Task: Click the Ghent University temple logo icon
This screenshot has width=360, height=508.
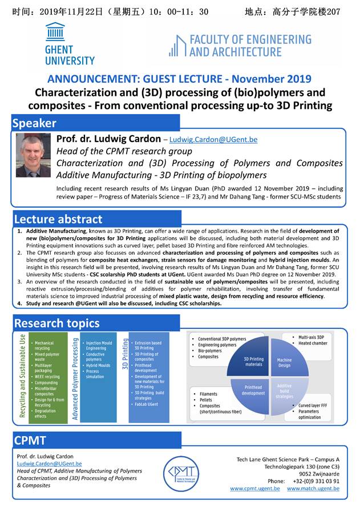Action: [56, 32]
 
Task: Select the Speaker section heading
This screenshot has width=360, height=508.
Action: [35, 123]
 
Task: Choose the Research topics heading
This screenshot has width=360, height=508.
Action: [56, 323]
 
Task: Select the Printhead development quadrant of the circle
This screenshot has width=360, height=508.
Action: [253, 390]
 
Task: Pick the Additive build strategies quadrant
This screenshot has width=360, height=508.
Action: [284, 390]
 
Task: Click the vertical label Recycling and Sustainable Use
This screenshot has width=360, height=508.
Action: [23, 376]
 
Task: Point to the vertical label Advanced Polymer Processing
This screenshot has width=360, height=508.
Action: [75, 378]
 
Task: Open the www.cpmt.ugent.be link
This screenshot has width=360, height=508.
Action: [255, 489]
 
